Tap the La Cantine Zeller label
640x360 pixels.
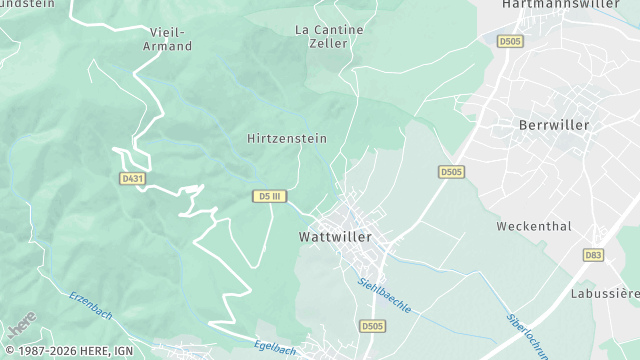[x=329, y=37]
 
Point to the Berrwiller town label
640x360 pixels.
[x=555, y=125]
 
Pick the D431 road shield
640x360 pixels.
[x=131, y=178]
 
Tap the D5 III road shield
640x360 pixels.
[x=268, y=195]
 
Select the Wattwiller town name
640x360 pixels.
[x=335, y=237]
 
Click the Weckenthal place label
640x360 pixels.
[x=534, y=226]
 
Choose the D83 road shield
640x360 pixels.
[x=595, y=256]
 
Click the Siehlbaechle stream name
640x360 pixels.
[x=385, y=295]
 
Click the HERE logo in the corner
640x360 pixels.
[x=21, y=325]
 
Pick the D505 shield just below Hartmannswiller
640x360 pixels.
[x=510, y=41]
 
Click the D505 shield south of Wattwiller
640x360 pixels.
[x=372, y=326]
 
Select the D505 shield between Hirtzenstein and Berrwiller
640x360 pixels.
[x=451, y=172]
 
